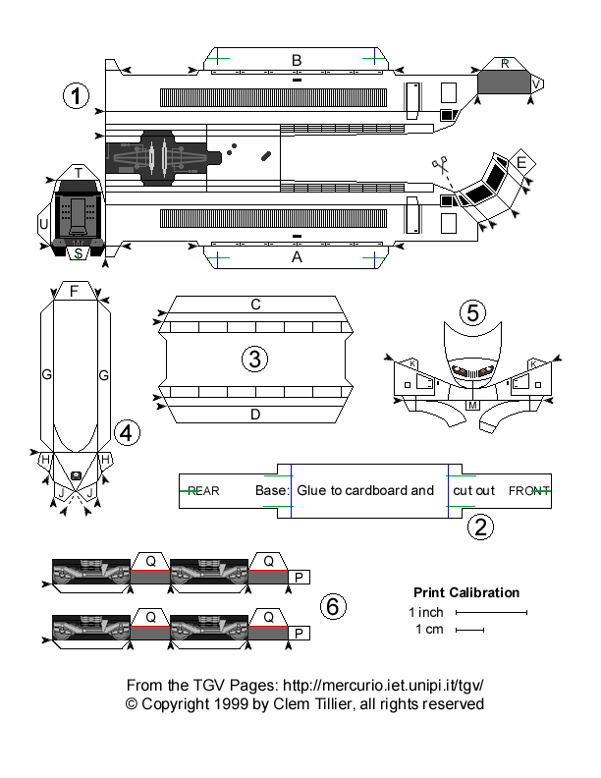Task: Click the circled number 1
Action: coord(76,96)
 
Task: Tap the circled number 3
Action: coord(254,360)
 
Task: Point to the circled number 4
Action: coord(126,431)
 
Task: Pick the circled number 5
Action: coord(473,313)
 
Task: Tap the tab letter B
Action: coord(296,61)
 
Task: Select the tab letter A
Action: coord(296,256)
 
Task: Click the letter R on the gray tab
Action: coord(505,64)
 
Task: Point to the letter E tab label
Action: coord(521,161)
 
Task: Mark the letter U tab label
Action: coord(43,224)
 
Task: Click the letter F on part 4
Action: coord(74,291)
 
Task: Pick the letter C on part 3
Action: coord(255,305)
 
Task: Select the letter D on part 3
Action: coord(255,414)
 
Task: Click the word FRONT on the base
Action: coord(528,490)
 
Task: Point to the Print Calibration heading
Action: coord(466,592)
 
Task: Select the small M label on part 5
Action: coord(472,405)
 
